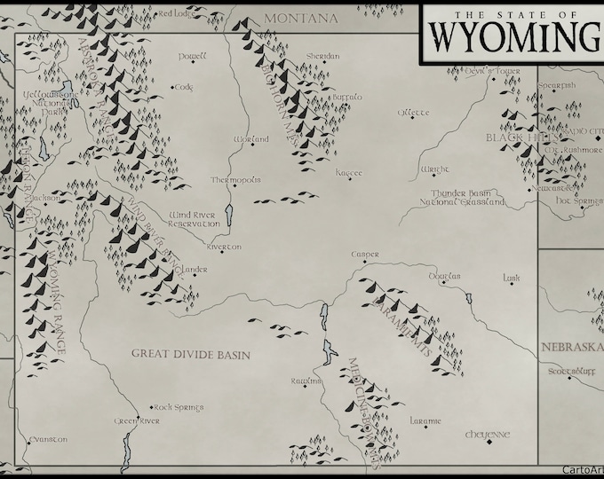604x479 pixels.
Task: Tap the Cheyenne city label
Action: [488, 435]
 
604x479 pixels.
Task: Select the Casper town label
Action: [364, 254]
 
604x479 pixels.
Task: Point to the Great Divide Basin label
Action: [191, 354]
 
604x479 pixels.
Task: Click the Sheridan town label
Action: [322, 56]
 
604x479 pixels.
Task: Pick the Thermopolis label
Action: [235, 179]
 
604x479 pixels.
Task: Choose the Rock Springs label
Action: [179, 407]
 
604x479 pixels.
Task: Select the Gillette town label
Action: [414, 113]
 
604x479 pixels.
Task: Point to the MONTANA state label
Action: [301, 18]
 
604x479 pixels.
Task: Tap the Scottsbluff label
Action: [568, 371]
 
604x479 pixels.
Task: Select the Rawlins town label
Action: [305, 381]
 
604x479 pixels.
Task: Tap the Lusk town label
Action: [511, 278]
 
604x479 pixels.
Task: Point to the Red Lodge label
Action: [176, 13]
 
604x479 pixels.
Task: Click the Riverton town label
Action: [223, 247]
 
